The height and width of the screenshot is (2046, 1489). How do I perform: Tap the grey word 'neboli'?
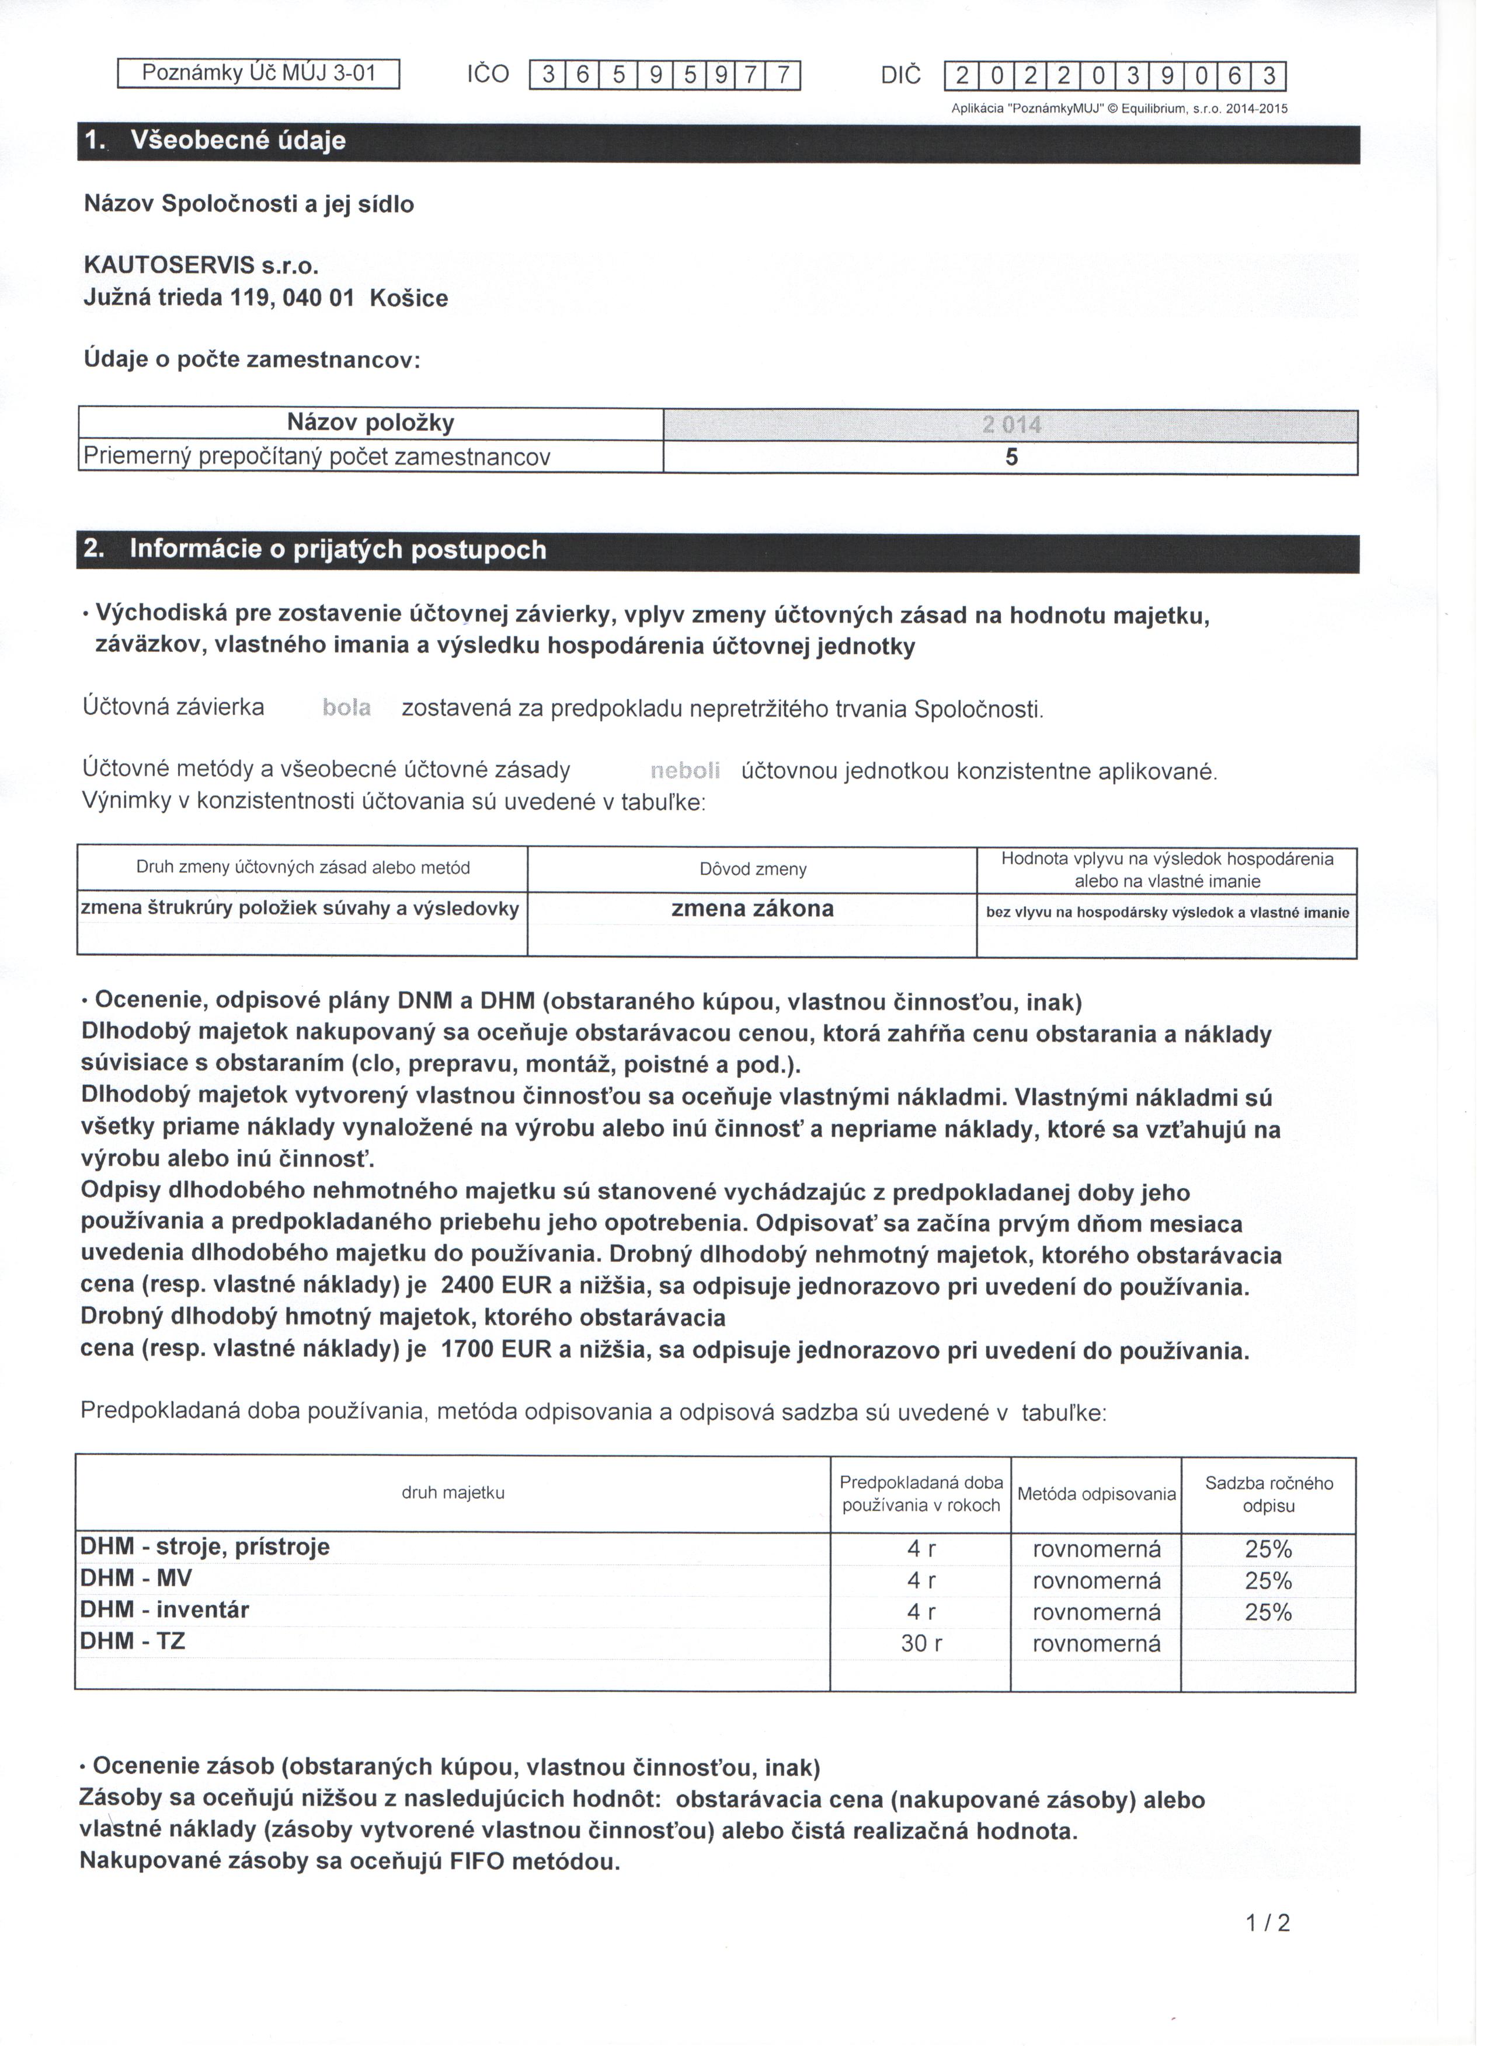tap(690, 776)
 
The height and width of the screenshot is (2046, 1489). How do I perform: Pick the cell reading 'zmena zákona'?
tap(758, 914)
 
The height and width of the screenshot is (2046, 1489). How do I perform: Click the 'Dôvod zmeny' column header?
tap(758, 876)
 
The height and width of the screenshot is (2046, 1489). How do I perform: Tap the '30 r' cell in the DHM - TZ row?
tap(928, 1656)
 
